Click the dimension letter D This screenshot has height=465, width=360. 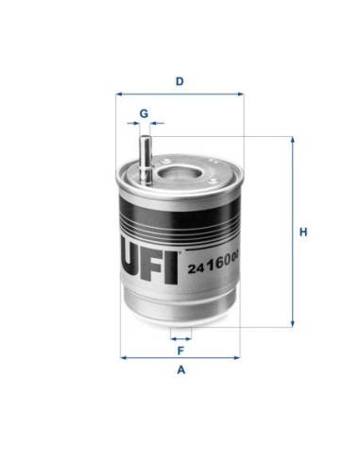180,81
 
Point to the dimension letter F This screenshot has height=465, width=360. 180,351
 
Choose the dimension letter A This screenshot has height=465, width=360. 180,370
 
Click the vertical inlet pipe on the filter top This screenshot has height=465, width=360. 145,160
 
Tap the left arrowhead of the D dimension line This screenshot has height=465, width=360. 119,94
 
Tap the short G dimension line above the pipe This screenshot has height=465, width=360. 145,123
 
